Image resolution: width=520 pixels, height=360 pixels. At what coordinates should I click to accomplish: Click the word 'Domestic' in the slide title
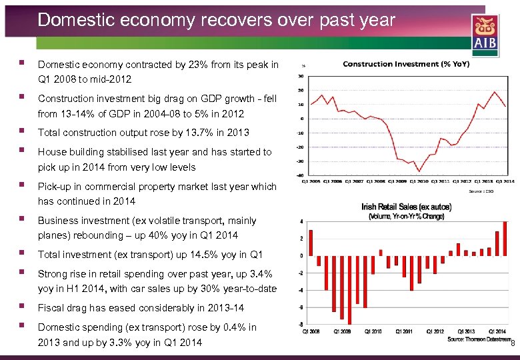coord(71,19)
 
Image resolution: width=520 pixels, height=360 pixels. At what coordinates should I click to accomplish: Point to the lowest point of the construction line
coord(419,171)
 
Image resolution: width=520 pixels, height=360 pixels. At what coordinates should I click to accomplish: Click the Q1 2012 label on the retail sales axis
coord(434,331)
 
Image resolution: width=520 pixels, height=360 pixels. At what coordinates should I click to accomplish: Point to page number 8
coord(512,343)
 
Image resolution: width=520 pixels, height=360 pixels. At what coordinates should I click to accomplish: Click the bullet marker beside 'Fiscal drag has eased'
coord(23,307)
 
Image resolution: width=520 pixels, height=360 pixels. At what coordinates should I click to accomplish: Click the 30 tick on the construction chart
coord(301,76)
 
